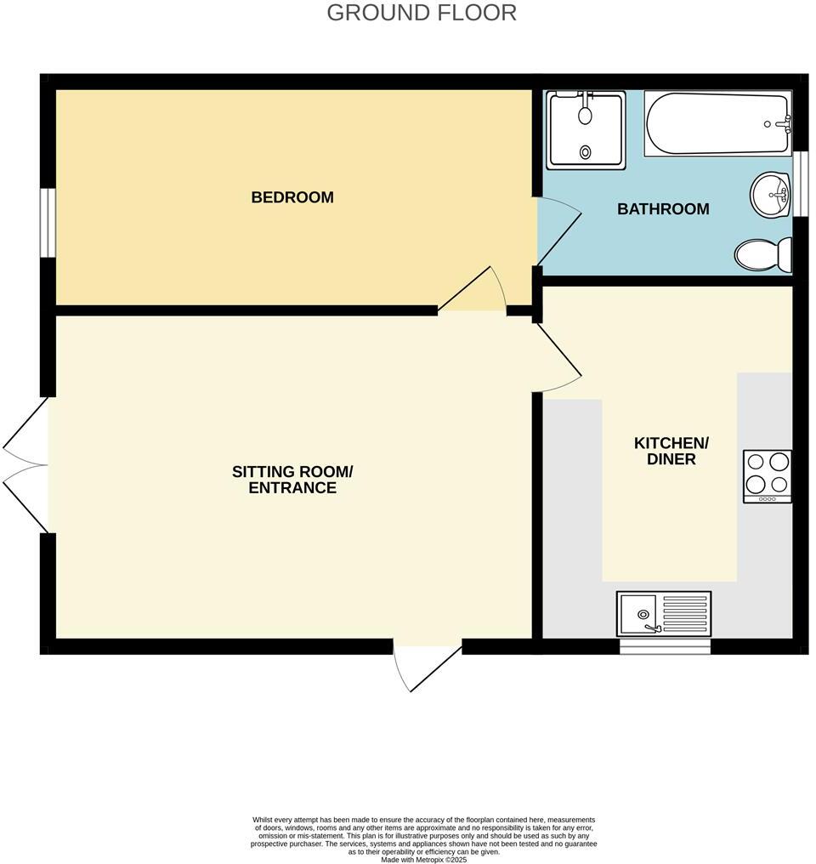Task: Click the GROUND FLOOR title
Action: [422, 13]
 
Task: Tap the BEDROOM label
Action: [292, 197]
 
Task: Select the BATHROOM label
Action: [663, 209]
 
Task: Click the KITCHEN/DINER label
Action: [671, 451]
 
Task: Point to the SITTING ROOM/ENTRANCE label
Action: [292, 480]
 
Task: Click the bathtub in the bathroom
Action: [718, 124]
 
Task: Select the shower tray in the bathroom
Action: [586, 130]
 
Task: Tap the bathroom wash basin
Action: [771, 195]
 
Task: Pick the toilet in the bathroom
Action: [762, 254]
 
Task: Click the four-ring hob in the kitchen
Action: [767, 475]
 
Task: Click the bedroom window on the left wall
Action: [48, 222]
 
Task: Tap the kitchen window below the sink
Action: [665, 646]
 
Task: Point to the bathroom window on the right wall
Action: [799, 185]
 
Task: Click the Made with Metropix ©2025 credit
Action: [424, 860]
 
